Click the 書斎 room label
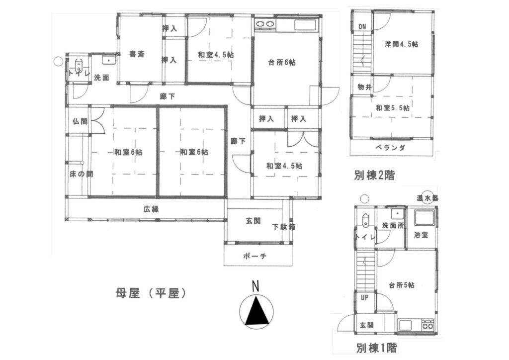[x=137, y=54]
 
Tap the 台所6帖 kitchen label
[x=282, y=63]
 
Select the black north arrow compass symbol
[x=256, y=313]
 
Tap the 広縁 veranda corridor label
[x=152, y=209]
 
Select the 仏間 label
[x=79, y=121]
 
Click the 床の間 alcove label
[x=81, y=175]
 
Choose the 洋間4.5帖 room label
[x=401, y=44]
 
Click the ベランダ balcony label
[x=391, y=147]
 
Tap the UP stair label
[x=364, y=298]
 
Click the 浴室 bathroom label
[x=422, y=234]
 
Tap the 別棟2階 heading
[x=374, y=175]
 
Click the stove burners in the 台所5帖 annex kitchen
[x=428, y=326]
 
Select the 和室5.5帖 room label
[x=393, y=107]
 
